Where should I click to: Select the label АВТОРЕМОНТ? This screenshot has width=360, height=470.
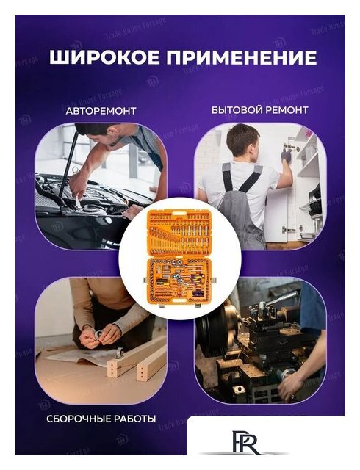click(101, 110)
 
